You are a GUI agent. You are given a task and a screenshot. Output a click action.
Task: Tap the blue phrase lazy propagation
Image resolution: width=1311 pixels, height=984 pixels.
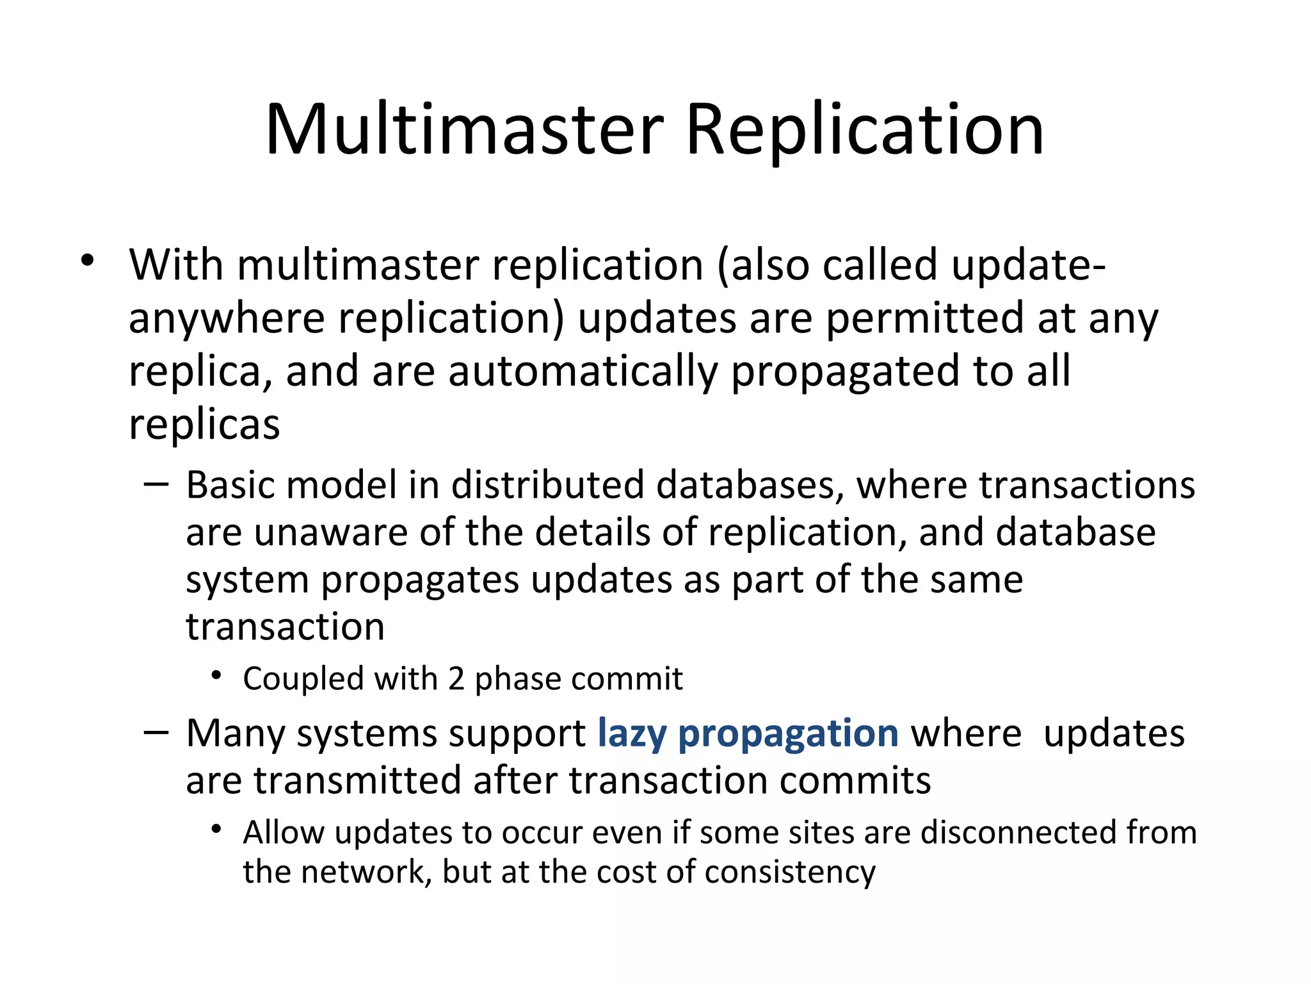(748, 733)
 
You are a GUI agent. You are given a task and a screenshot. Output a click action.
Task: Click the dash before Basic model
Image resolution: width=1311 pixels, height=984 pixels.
(156, 484)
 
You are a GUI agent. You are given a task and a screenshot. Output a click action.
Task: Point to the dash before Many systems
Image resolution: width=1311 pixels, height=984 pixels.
(156, 732)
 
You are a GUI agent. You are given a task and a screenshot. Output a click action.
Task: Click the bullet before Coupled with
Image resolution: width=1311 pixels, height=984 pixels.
(216, 675)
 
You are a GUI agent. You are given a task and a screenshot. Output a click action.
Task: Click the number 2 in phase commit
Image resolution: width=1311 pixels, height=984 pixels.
(456, 678)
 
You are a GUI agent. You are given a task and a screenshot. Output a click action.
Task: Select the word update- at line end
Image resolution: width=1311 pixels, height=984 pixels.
(1028, 265)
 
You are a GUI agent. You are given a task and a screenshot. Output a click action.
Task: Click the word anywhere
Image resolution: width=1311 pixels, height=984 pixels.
(227, 318)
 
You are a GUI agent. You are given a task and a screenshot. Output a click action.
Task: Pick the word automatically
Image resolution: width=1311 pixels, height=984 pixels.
(583, 372)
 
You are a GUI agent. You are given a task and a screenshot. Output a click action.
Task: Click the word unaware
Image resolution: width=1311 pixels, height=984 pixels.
(330, 532)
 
